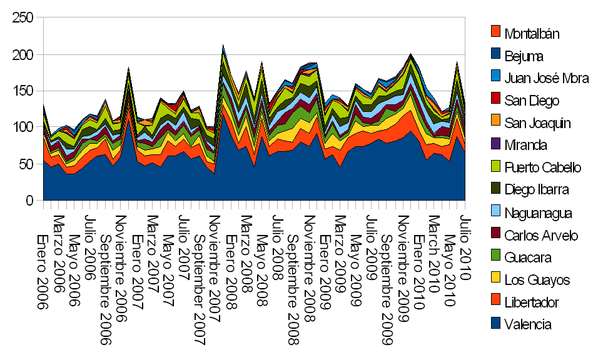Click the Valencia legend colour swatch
495,324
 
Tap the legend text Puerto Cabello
543,167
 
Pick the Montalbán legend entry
532,33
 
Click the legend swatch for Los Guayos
495,279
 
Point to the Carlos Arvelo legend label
541,235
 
